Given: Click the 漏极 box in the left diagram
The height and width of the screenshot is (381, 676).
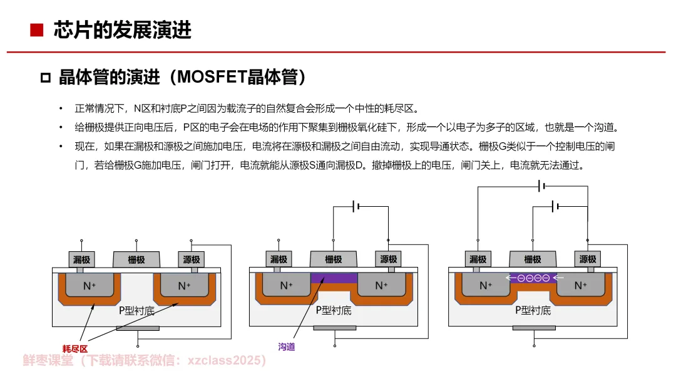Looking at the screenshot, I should (81, 259).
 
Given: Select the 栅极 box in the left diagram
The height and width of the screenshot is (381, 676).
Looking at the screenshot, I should (136, 259).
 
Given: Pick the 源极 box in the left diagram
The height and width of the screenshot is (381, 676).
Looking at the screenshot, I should (191, 259).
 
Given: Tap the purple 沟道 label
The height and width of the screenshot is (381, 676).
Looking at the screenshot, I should (286, 347).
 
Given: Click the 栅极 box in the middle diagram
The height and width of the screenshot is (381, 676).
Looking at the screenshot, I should (334, 259).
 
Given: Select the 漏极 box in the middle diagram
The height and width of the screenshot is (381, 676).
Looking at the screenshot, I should (279, 259).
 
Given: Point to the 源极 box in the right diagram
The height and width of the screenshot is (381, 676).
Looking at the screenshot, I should (588, 259).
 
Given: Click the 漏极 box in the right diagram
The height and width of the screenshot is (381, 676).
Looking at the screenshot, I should (478, 259).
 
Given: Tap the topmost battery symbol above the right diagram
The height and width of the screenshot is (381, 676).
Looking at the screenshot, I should (543, 185).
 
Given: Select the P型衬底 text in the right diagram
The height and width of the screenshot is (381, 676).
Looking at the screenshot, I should (533, 310).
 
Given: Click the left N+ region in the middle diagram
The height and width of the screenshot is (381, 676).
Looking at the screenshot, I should (286, 286).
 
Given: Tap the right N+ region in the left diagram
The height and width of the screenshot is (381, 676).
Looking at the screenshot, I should (184, 286).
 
